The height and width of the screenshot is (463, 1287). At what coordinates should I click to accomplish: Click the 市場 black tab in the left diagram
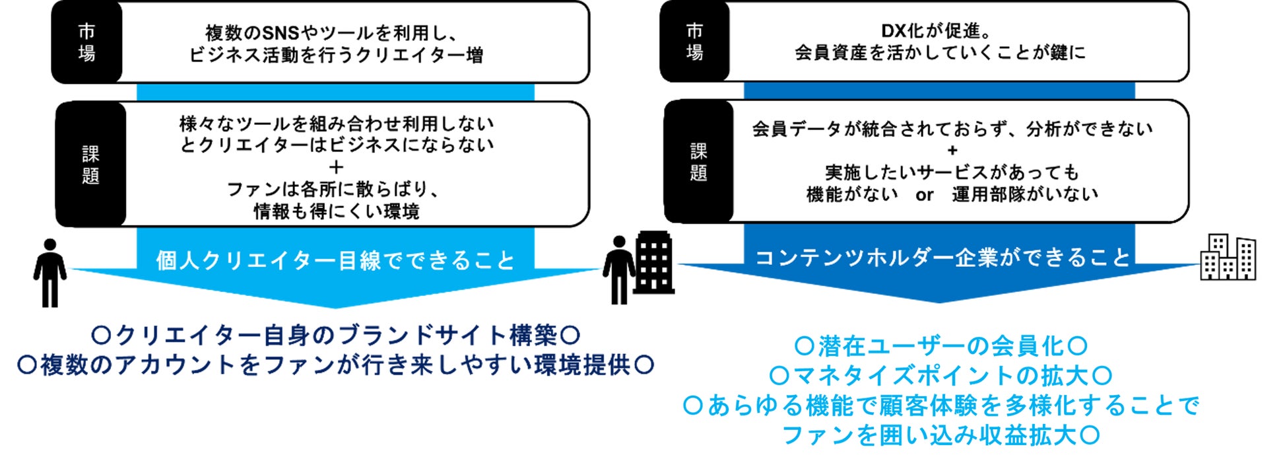click(x=86, y=42)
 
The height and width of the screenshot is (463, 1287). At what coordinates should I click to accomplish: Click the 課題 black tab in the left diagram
click(x=90, y=164)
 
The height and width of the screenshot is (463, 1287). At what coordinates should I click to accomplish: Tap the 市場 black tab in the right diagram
click(x=694, y=42)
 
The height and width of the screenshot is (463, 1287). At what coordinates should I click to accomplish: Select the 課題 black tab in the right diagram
click(x=698, y=162)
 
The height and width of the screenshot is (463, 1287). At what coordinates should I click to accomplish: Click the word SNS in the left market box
click(x=280, y=32)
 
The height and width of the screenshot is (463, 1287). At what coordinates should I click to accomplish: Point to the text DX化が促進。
click(x=937, y=30)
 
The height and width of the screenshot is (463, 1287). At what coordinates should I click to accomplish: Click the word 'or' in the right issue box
click(x=924, y=195)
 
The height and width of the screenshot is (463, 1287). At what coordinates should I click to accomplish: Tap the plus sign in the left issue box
click(x=336, y=167)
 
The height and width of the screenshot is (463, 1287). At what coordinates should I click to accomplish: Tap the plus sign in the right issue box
click(x=952, y=151)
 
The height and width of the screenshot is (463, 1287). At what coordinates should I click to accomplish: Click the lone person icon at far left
click(x=49, y=272)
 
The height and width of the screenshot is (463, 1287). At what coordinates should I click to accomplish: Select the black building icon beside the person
click(x=653, y=262)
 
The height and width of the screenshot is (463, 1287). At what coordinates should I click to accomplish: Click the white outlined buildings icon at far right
click(x=1228, y=258)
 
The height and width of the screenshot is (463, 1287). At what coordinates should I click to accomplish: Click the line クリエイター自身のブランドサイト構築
click(x=335, y=336)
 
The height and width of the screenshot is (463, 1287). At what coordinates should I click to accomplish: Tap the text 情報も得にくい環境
click(x=336, y=211)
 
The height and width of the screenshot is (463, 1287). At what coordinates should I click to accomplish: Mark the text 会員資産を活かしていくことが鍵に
click(x=940, y=53)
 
